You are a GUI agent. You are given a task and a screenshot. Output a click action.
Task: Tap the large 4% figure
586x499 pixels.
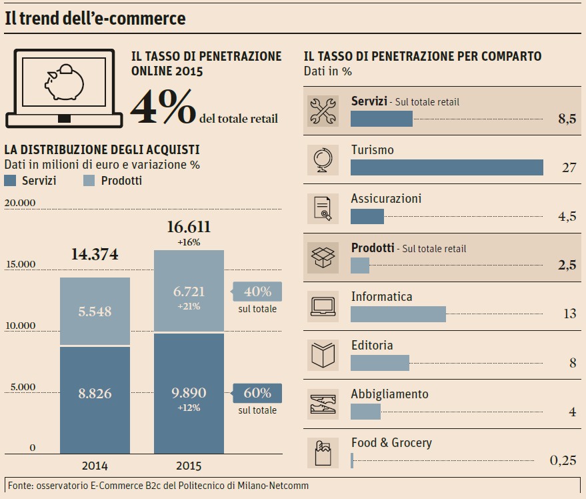pyautogui.click(x=163, y=107)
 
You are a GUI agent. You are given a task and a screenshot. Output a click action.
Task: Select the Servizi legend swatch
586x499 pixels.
pyautogui.click(x=10, y=181)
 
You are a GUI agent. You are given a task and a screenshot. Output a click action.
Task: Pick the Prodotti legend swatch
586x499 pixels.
pyautogui.click(x=89, y=181)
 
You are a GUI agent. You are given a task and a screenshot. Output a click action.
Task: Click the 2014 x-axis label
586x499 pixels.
pyautogui.click(x=95, y=466)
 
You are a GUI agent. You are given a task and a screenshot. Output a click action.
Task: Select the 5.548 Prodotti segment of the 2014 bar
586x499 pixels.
pyautogui.click(x=95, y=312)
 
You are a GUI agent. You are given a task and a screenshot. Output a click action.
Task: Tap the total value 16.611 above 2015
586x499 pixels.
pyautogui.click(x=189, y=227)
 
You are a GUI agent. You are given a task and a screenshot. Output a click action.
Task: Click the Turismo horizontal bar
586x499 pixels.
pyautogui.click(x=447, y=167)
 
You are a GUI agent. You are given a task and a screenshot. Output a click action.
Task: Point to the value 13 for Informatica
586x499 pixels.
pyautogui.click(x=569, y=314)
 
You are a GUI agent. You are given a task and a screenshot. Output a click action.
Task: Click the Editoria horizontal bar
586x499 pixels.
pyautogui.click(x=379, y=363)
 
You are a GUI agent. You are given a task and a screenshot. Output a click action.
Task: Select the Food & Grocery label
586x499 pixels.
pyautogui.click(x=391, y=443)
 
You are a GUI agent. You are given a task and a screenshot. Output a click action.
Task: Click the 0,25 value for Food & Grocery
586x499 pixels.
pyautogui.click(x=563, y=460)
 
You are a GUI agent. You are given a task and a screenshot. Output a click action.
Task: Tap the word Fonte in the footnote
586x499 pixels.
pyautogui.click(x=20, y=485)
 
